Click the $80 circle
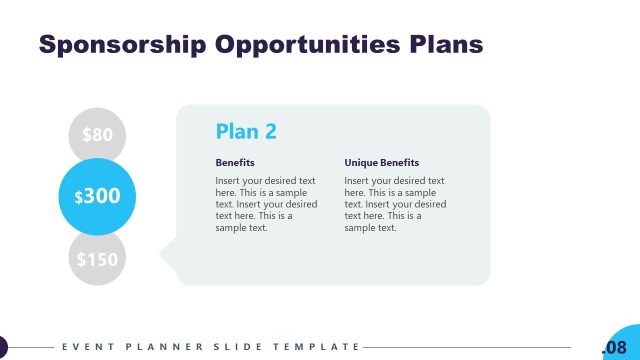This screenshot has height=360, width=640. pyautogui.click(x=97, y=134)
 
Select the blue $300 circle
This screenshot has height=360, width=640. pyautogui.click(x=97, y=196)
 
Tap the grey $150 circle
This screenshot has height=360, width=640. pyautogui.click(x=97, y=260)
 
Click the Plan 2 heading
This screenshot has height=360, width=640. pyautogui.click(x=246, y=131)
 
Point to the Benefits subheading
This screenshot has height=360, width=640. pyautogui.click(x=235, y=162)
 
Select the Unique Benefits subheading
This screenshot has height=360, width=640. pyautogui.click(x=382, y=162)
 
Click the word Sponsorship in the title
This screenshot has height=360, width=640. pyautogui.click(x=118, y=45)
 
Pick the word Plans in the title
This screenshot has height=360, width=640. pyautogui.click(x=447, y=45)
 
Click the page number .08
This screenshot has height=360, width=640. pyautogui.click(x=614, y=347)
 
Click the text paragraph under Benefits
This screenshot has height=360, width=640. pyautogui.click(x=266, y=204)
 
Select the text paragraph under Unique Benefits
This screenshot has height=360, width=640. pyautogui.click(x=395, y=204)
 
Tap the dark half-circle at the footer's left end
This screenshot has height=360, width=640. pyautogui.click(x=3, y=347)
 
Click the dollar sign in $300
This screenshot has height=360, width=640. pyautogui.click(x=79, y=198)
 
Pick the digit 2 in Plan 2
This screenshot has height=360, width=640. pyautogui.click(x=270, y=131)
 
